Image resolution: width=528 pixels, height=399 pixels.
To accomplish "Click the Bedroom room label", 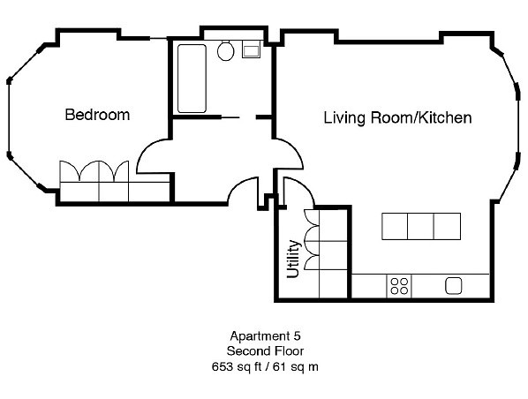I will pos(97,115).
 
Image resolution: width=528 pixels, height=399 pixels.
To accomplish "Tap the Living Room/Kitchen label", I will pos(397,117).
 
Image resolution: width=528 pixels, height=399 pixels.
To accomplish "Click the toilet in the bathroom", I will pos(225,50).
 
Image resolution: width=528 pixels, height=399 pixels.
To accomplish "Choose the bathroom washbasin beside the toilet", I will pos(251,49).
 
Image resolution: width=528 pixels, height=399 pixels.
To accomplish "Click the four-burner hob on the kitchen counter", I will pos(399,285).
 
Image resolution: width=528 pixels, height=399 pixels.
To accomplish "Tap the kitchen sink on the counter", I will pos(455,285).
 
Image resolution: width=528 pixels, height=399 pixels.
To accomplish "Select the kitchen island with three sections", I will pos(421,226).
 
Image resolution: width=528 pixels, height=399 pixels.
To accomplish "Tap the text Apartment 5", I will pos(264,336).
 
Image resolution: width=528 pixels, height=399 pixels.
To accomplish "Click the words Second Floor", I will pos(264,350).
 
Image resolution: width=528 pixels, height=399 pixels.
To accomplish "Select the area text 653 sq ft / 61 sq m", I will pos(264,365).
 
